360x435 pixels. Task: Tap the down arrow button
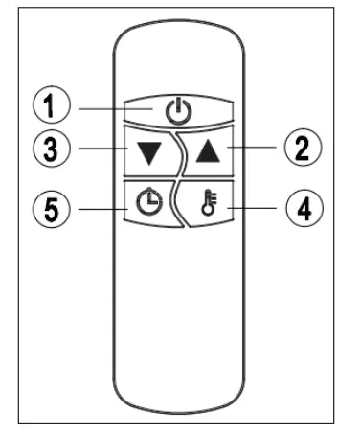[145, 149]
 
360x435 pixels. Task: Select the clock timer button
[146, 203]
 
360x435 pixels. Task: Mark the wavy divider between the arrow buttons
[177, 150]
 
